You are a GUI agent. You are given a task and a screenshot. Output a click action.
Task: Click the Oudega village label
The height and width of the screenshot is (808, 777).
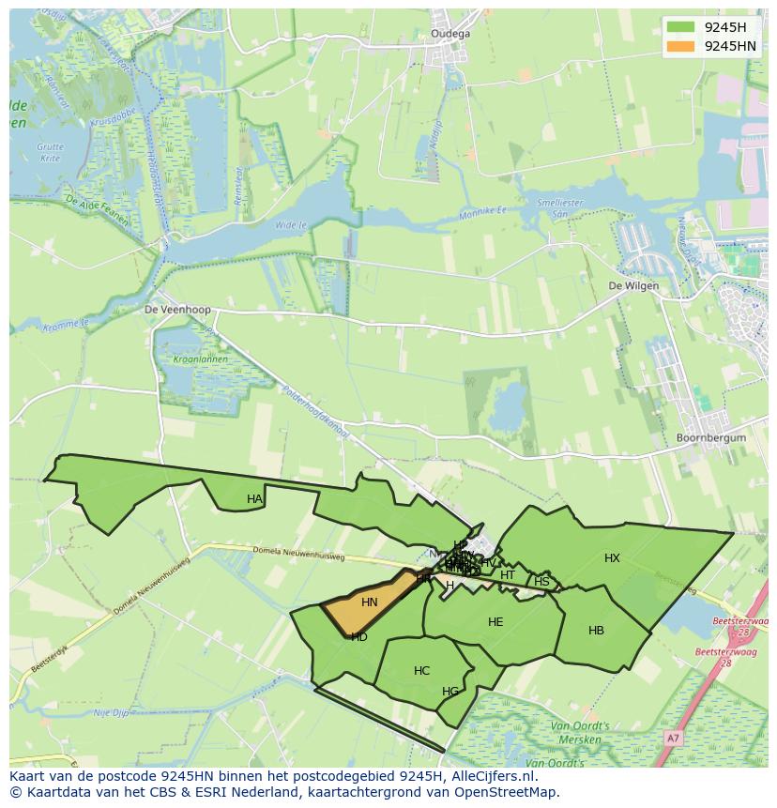click(450, 33)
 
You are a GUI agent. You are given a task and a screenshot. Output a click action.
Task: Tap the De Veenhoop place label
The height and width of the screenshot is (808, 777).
click(177, 309)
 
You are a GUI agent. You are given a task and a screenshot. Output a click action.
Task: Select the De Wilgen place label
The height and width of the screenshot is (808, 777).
click(633, 285)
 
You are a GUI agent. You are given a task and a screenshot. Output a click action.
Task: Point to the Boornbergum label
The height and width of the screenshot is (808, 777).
click(711, 438)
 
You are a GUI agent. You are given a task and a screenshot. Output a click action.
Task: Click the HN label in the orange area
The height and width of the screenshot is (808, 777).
click(370, 602)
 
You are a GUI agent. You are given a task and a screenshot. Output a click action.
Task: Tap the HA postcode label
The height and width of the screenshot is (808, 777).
click(254, 499)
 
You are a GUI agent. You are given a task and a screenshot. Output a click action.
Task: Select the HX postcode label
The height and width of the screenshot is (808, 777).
click(612, 558)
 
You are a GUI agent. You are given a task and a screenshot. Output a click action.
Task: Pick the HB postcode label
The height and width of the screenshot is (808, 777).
click(596, 631)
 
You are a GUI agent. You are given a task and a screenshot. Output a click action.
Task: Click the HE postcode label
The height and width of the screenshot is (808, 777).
click(495, 622)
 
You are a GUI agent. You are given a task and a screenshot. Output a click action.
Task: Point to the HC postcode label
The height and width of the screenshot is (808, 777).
click(421, 671)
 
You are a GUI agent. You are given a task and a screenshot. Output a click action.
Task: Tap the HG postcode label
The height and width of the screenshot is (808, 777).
click(450, 692)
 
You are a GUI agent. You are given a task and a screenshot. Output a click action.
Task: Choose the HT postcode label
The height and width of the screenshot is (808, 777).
click(508, 575)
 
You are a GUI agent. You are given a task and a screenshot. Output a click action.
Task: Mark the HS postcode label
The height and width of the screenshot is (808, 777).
click(541, 582)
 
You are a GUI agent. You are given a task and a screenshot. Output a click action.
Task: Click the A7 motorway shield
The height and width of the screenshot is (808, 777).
click(672, 739)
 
